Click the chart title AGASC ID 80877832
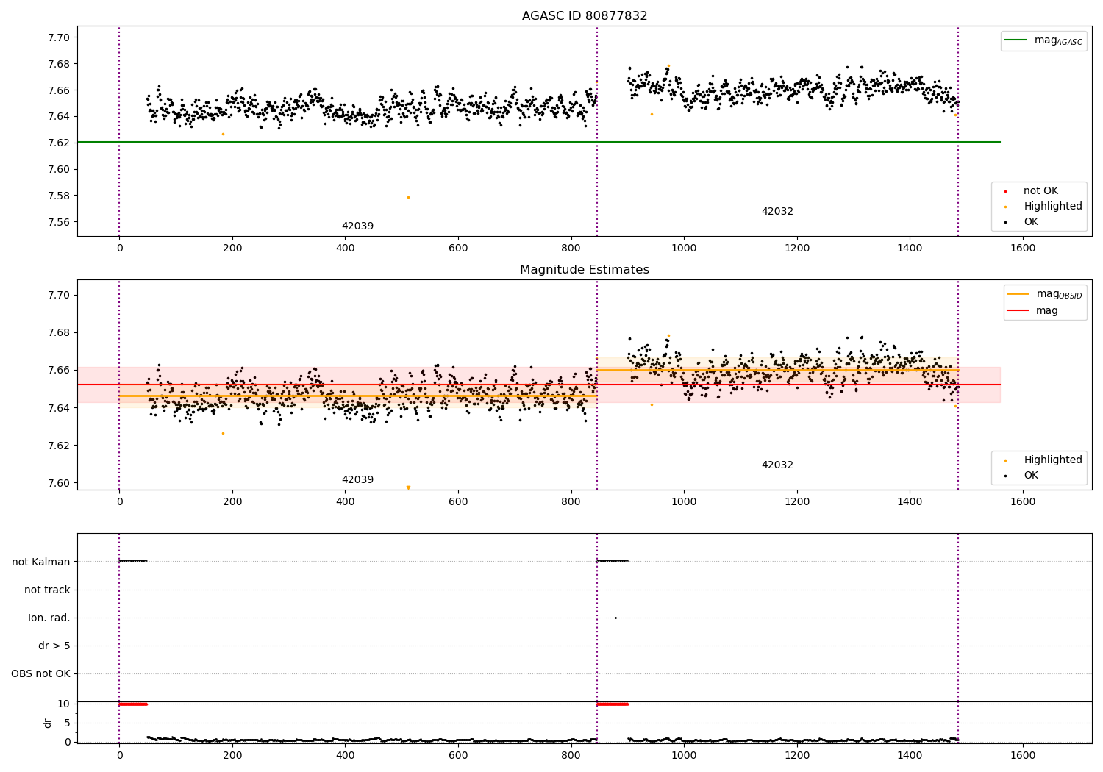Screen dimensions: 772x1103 tap(585, 16)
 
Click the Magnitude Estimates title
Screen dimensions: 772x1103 tap(585, 270)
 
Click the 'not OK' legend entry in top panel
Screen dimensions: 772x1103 tap(1040, 191)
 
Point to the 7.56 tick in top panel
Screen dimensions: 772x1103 tap(59, 222)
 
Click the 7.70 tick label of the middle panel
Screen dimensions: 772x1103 tap(59, 295)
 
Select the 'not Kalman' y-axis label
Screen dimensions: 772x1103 tap(41, 562)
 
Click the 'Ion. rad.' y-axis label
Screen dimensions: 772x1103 tap(49, 618)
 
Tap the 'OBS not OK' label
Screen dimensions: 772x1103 tap(40, 673)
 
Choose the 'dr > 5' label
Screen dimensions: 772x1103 tap(54, 646)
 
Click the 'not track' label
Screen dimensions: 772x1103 tap(47, 590)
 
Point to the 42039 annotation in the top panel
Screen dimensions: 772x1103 tap(357, 226)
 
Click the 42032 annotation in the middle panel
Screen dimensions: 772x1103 tap(777, 465)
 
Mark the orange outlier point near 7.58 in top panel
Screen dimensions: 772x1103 tap(408, 197)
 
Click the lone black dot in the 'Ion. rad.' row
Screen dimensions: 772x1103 tap(615, 618)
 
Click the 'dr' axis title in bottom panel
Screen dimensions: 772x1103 tap(48, 723)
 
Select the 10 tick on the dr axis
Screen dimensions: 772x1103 tap(64, 704)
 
